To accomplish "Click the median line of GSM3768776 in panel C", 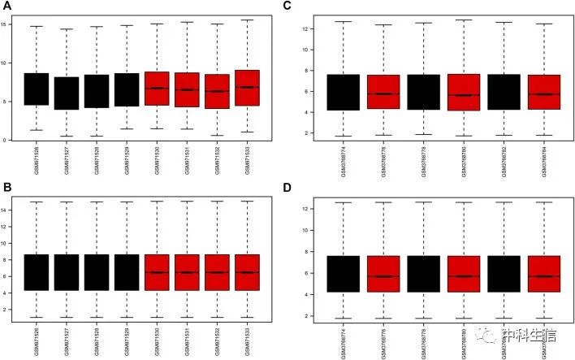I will (384, 93).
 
